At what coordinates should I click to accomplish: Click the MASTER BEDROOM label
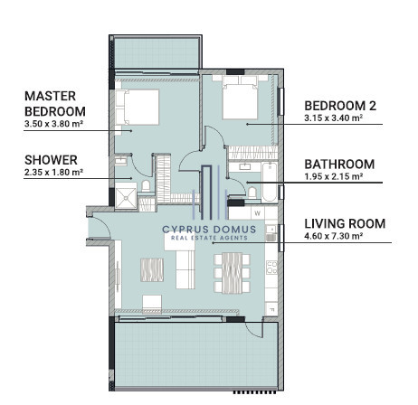55,104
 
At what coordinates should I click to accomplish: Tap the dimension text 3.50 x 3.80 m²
53,124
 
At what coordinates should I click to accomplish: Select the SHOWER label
51,160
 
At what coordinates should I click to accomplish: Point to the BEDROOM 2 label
340,106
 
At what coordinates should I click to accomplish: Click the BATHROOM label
339,165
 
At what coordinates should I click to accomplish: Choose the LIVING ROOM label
345,223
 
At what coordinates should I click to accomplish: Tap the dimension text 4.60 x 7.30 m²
334,236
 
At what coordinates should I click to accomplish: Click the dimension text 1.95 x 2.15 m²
334,176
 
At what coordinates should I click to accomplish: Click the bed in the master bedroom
138,107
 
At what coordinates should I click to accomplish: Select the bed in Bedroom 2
240,98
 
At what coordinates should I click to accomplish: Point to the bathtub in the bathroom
270,182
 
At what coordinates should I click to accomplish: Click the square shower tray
126,198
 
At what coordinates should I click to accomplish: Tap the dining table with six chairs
232,273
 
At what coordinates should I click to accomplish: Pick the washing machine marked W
258,213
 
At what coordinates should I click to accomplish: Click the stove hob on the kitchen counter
271,268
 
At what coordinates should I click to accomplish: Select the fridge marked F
271,309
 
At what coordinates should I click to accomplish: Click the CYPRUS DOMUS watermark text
209,230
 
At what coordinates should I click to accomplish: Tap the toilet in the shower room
146,185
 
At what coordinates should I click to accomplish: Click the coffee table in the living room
152,269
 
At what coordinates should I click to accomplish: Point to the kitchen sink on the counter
271,233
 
